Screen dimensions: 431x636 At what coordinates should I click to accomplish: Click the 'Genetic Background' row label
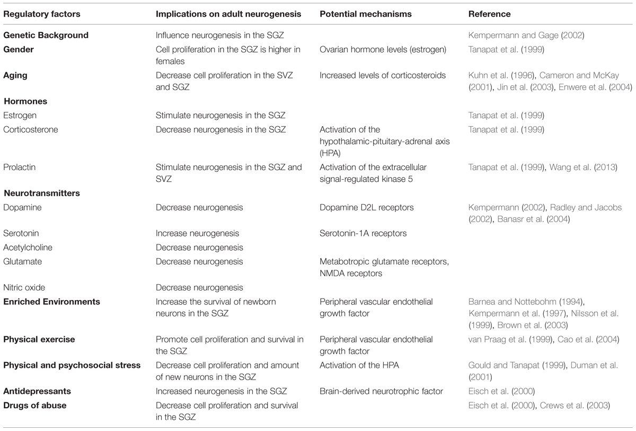46,36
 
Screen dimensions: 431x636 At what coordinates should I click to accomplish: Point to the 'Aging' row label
15,76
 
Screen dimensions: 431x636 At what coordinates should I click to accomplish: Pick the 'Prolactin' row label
19,168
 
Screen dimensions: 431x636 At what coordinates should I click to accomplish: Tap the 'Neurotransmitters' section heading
42,193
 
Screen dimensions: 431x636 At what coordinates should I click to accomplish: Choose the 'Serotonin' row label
21,233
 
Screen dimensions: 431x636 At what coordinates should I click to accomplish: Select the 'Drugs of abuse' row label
34,405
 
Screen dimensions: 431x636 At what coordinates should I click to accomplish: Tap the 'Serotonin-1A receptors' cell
362,233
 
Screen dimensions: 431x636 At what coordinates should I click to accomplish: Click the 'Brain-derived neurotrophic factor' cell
381,391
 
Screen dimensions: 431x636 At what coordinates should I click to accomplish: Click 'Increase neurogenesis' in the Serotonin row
197,233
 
